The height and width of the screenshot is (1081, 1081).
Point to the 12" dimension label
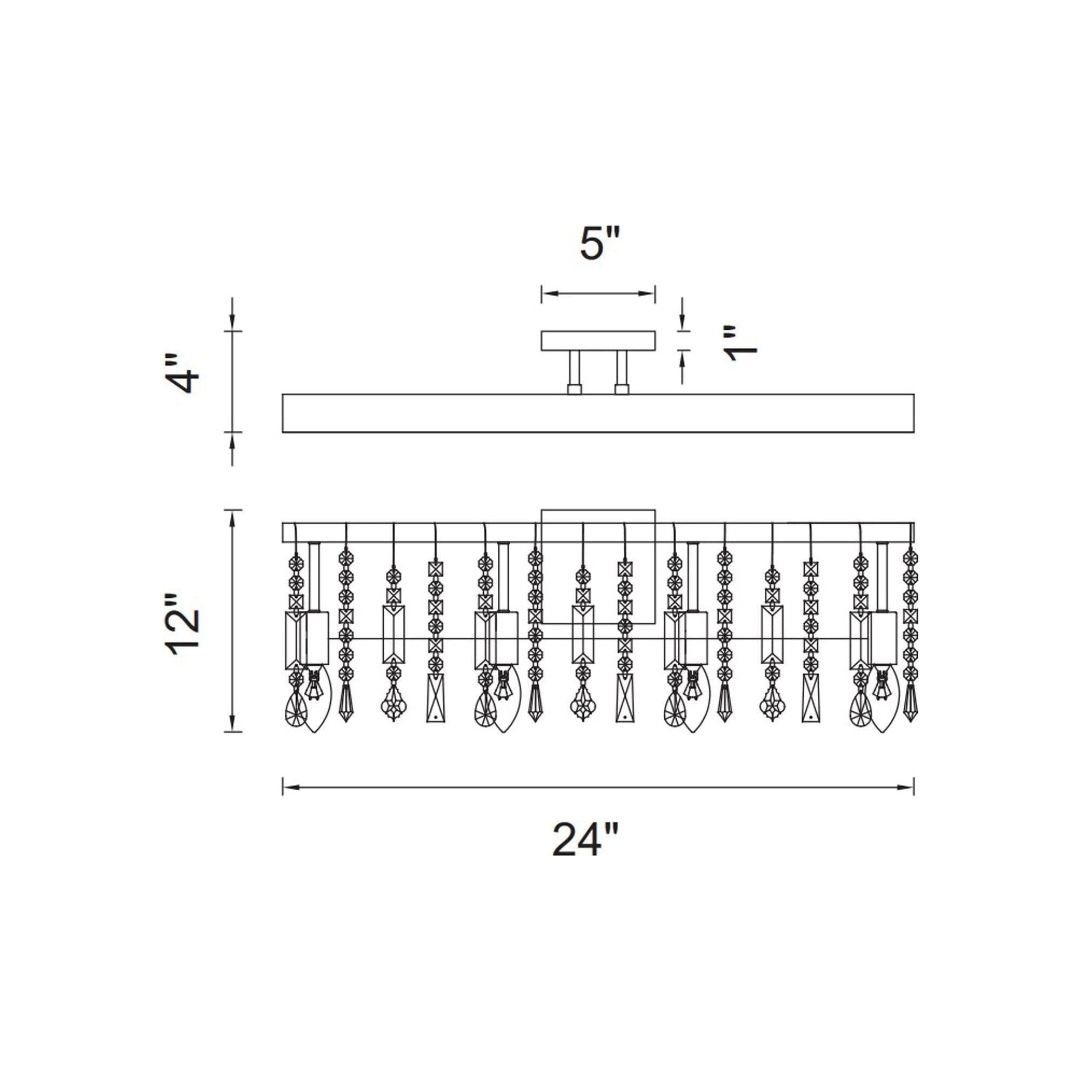click(184, 620)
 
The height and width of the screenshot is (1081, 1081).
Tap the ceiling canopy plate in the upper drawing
click(598, 341)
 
